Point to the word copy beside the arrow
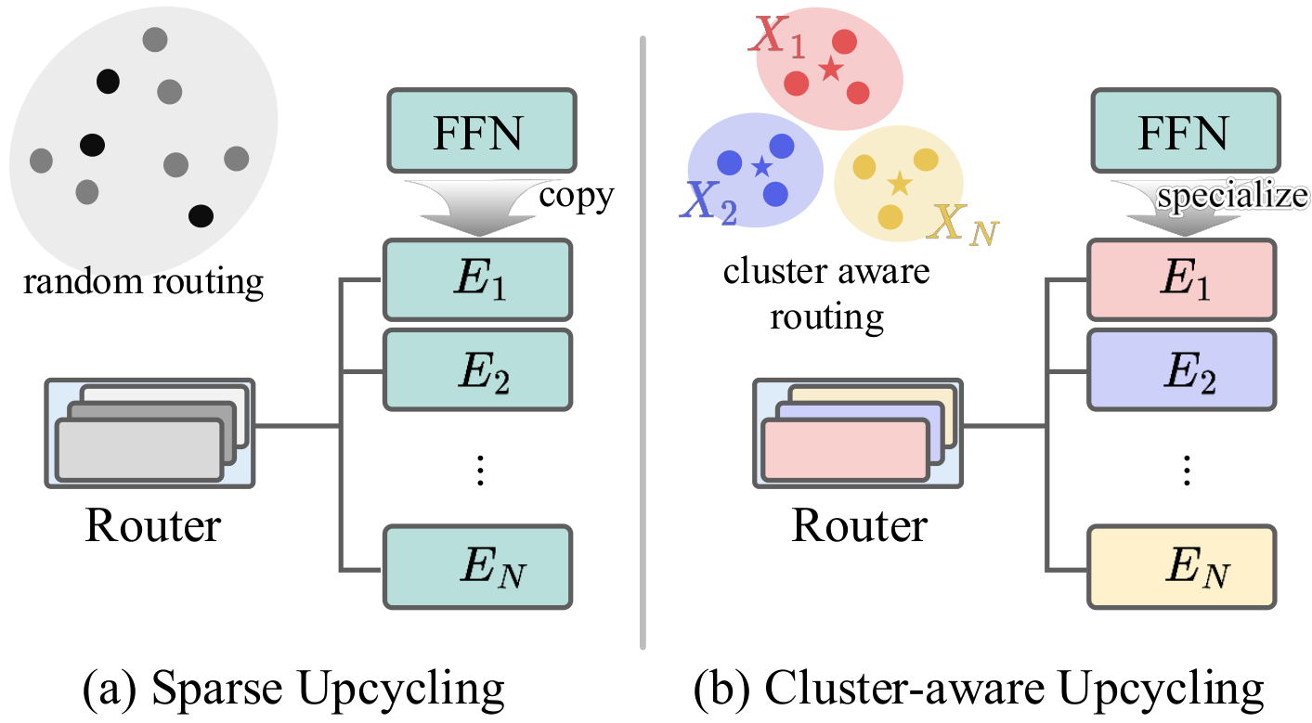(578, 197)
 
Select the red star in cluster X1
(829, 69)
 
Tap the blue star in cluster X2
(761, 167)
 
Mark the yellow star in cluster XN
(898, 183)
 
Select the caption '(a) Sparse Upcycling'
(293, 690)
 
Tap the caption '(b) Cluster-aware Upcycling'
(979, 690)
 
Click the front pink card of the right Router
(844, 451)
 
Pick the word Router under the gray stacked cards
(152, 525)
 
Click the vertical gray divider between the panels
(642, 343)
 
